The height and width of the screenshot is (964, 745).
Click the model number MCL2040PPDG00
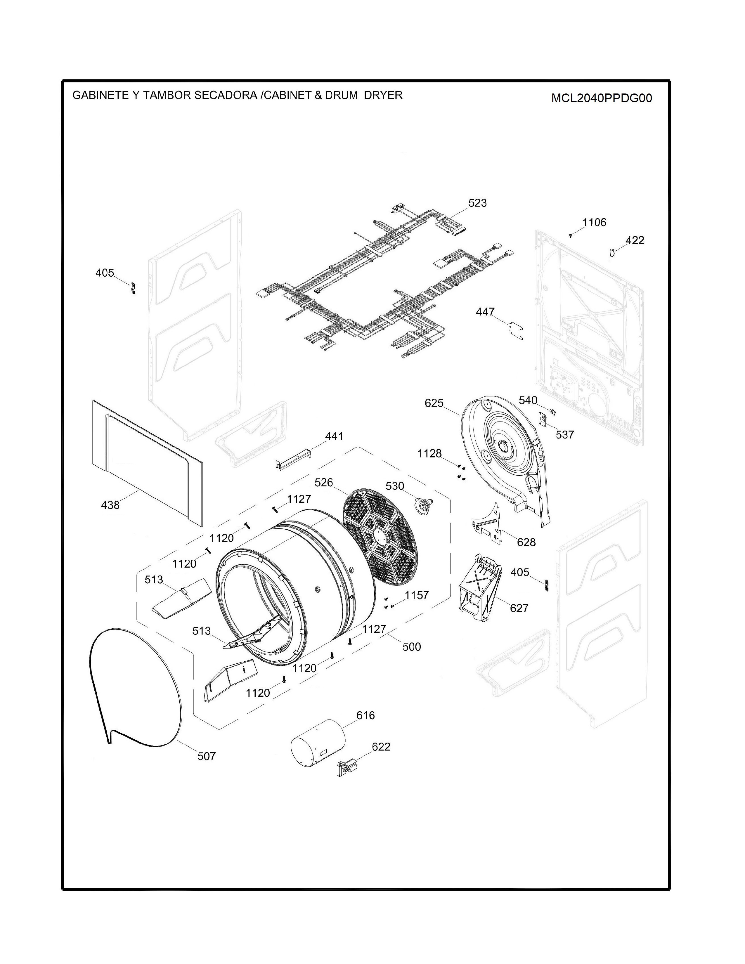click(602, 98)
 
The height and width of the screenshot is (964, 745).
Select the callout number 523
click(477, 203)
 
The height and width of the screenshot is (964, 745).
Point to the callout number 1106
click(594, 223)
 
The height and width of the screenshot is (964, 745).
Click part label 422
click(635, 240)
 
